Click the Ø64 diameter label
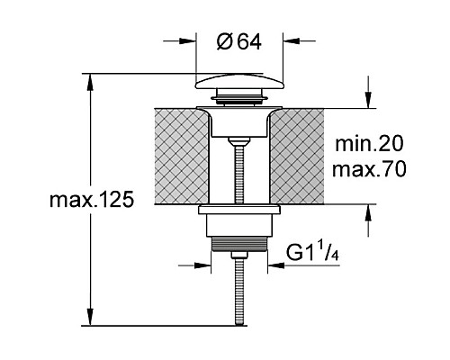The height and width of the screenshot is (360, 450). (x=238, y=41)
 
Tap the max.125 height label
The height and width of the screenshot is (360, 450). (x=92, y=200)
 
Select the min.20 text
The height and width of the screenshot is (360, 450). (x=369, y=144)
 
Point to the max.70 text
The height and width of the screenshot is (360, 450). (x=369, y=169)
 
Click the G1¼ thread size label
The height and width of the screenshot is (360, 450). (x=312, y=254)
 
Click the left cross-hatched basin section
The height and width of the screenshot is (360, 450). (x=181, y=156)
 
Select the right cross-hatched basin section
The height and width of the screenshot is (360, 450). (x=297, y=156)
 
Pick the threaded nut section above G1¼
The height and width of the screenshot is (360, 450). (x=239, y=244)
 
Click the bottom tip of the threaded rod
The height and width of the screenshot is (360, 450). (x=239, y=324)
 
